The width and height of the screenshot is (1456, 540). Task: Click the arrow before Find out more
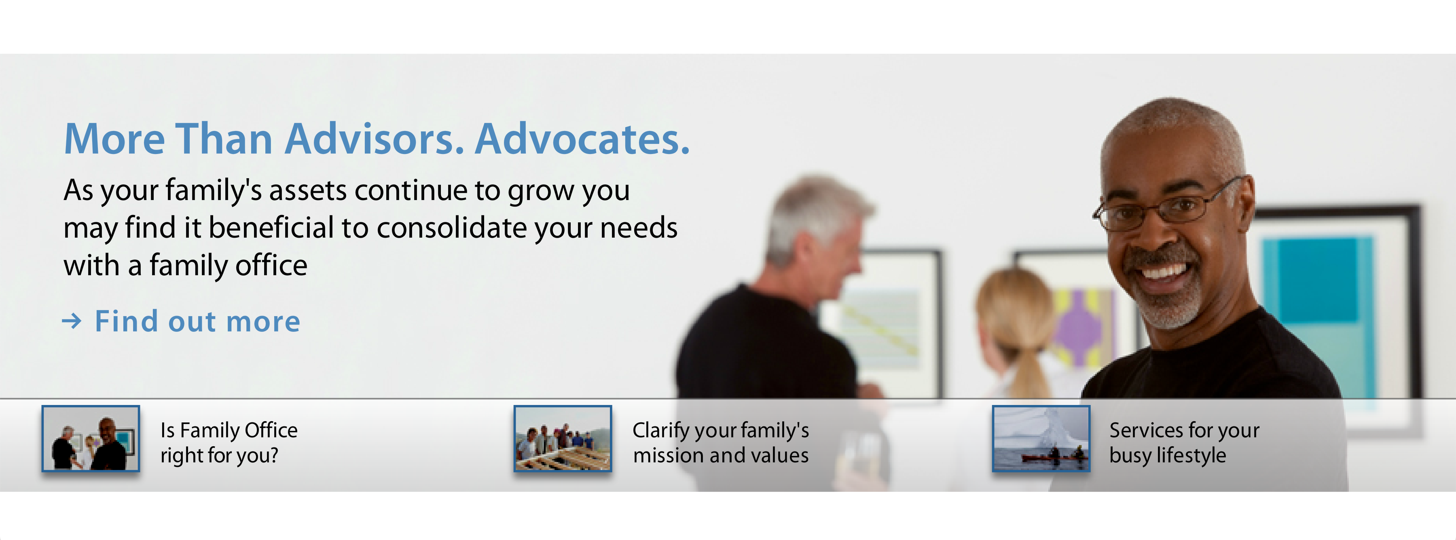point(71,321)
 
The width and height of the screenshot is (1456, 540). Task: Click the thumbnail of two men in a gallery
point(91,438)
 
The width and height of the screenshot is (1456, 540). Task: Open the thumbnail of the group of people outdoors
point(563,438)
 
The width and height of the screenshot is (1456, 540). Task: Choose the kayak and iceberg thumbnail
point(1041,438)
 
